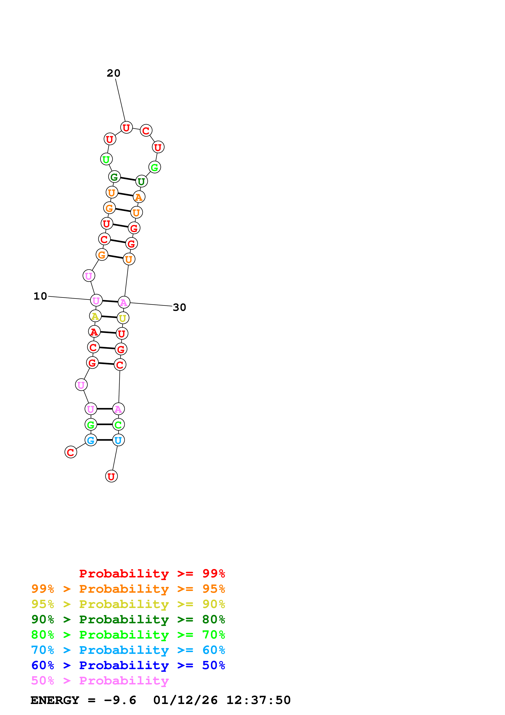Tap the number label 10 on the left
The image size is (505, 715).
click(x=40, y=296)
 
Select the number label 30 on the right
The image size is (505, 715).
click(x=179, y=307)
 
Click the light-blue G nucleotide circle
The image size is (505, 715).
click(x=91, y=440)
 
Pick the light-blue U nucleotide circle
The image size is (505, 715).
click(x=118, y=440)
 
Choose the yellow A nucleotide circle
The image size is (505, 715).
click(x=95, y=316)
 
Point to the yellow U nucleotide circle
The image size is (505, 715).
click(x=123, y=318)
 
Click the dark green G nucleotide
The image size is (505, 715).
click(x=114, y=177)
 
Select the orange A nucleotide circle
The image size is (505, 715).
click(x=139, y=197)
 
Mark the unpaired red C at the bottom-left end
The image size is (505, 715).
click(x=71, y=452)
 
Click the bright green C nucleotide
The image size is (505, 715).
click(x=118, y=424)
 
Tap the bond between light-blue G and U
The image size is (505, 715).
click(x=105, y=440)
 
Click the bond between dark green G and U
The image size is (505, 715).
click(x=128, y=179)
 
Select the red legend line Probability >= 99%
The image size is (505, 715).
click(x=152, y=573)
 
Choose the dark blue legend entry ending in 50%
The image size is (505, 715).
click(x=128, y=665)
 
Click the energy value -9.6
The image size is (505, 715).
click(x=120, y=700)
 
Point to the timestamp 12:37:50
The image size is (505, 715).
click(x=258, y=700)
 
